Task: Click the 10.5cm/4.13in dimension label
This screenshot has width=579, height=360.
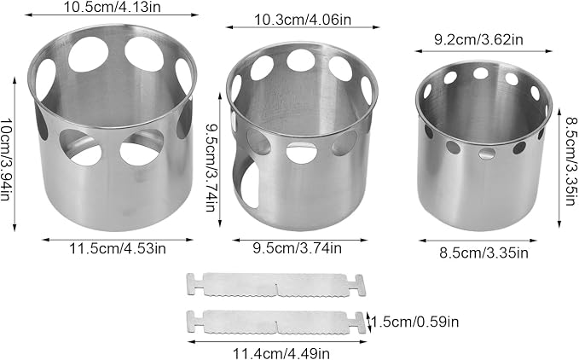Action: click(x=112, y=7)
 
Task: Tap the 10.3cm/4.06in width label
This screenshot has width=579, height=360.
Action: click(x=303, y=20)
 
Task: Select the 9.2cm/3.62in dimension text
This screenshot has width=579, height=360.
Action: click(x=478, y=39)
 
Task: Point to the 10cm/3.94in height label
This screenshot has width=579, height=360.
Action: click(x=5, y=160)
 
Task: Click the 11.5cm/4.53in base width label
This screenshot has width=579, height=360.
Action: click(x=118, y=248)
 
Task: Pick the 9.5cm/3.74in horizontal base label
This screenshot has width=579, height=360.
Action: click(x=298, y=247)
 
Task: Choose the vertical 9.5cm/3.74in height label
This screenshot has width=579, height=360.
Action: click(x=211, y=167)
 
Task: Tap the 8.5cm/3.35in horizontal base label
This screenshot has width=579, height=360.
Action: click(x=483, y=253)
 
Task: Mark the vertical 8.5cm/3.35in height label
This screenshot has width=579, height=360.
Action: click(x=570, y=161)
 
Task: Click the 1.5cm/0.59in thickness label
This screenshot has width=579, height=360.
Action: click(x=415, y=322)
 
